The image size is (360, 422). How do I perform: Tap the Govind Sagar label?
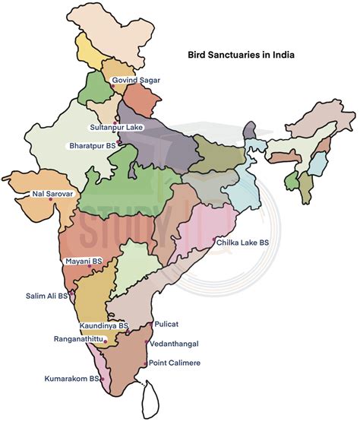tap(136, 80)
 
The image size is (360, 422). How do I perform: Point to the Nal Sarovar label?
tap(52, 195)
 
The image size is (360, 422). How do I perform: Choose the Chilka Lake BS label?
tap(242, 243)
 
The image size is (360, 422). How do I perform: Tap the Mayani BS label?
tap(84, 261)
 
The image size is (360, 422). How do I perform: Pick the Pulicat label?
tap(166, 324)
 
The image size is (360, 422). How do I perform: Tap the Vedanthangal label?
tap(178, 343)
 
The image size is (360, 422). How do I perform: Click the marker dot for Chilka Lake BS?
tap(214, 240)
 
